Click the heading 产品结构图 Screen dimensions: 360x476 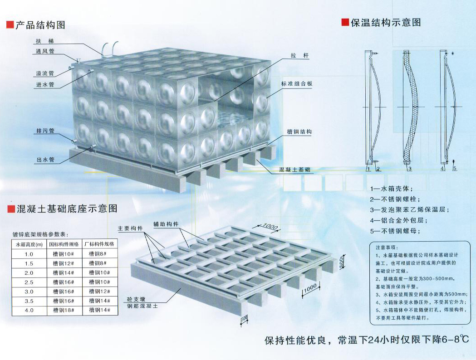coord(40,25)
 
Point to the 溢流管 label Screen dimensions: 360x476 coord(45,73)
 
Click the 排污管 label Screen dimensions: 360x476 coord(45,131)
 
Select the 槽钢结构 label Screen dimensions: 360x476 coord(299,132)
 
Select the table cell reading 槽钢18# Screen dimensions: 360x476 coord(62,310)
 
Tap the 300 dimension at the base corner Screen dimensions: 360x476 coord(244,320)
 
